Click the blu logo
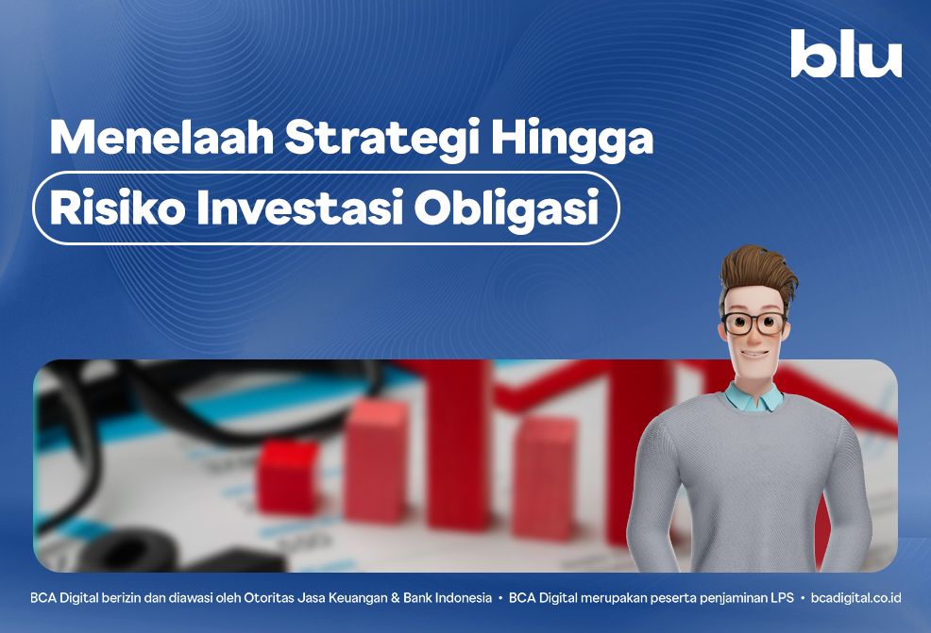coord(846,54)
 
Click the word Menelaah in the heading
coord(161,138)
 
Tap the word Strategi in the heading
coord(382,141)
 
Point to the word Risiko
coord(118,208)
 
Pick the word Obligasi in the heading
coord(506,210)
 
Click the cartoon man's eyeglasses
coord(754,324)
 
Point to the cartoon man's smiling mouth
coord(753,354)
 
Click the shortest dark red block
coord(288,477)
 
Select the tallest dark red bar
coord(458,445)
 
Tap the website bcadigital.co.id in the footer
coord(855,597)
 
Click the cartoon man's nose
coord(753,337)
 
